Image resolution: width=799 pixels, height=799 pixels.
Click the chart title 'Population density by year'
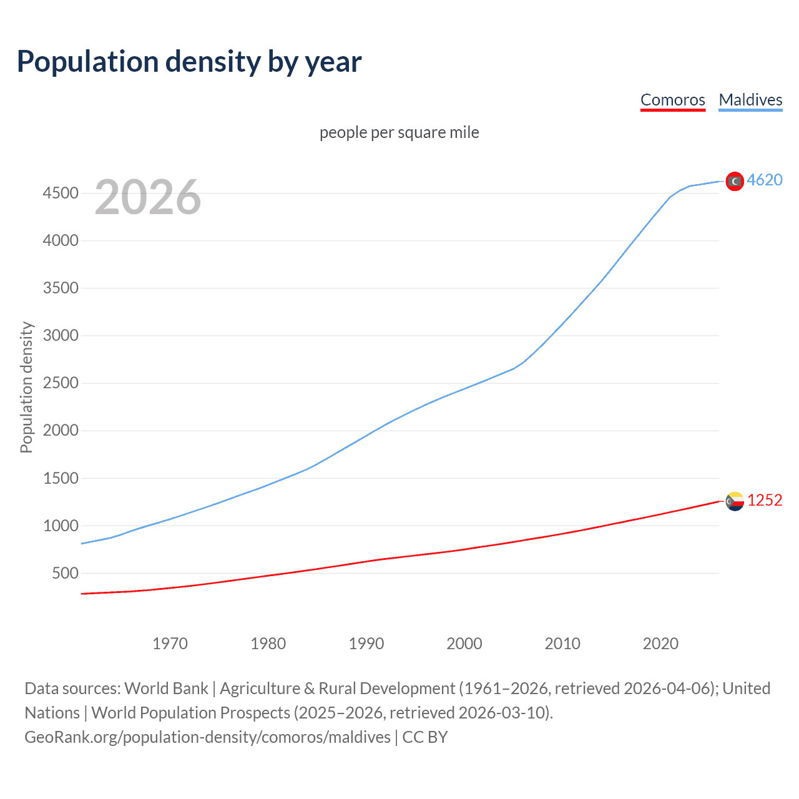tap(189, 62)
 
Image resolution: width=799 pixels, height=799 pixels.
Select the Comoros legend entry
tap(672, 100)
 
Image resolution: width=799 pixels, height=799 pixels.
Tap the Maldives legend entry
tap(750, 100)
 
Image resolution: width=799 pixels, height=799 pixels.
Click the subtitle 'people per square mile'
tap(399, 132)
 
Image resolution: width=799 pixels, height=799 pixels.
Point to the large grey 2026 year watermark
tap(148, 197)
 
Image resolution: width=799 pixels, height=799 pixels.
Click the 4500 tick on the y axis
tap(61, 193)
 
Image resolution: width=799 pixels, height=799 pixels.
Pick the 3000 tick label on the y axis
tap(61, 335)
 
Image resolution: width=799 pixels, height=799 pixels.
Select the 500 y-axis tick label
tap(65, 573)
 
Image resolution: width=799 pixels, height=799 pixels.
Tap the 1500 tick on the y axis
tap(61, 478)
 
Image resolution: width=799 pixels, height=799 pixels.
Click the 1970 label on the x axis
tap(170, 644)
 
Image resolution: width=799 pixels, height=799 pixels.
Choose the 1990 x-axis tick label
tap(366, 644)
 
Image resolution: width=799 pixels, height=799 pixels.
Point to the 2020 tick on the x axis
tap(660, 644)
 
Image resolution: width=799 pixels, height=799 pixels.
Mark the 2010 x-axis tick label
tap(562, 644)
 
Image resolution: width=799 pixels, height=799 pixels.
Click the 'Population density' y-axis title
tap(26, 387)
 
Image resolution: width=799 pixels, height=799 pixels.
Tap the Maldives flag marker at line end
tap(735, 181)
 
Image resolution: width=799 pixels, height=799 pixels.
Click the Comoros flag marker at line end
tap(735, 501)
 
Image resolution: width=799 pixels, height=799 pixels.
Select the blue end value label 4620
tap(765, 180)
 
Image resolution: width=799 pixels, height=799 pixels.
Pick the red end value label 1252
tap(765, 501)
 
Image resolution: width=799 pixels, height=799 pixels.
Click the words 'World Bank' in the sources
tap(166, 689)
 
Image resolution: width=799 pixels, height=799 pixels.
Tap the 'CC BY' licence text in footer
tap(425, 737)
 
